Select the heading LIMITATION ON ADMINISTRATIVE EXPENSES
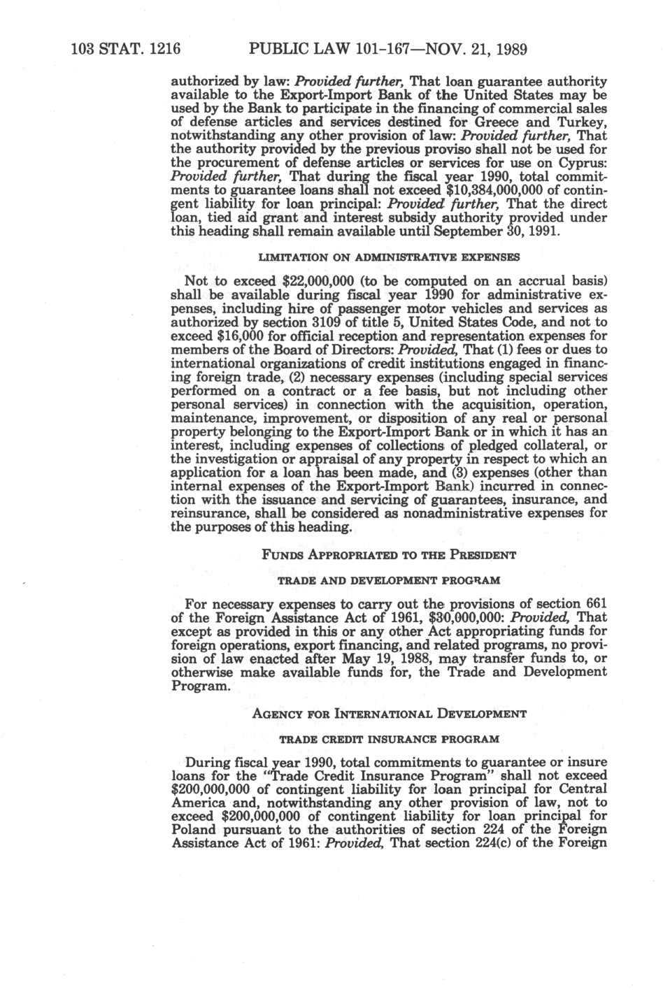389,257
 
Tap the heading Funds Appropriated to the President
389,555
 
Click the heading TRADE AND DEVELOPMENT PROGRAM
389,581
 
